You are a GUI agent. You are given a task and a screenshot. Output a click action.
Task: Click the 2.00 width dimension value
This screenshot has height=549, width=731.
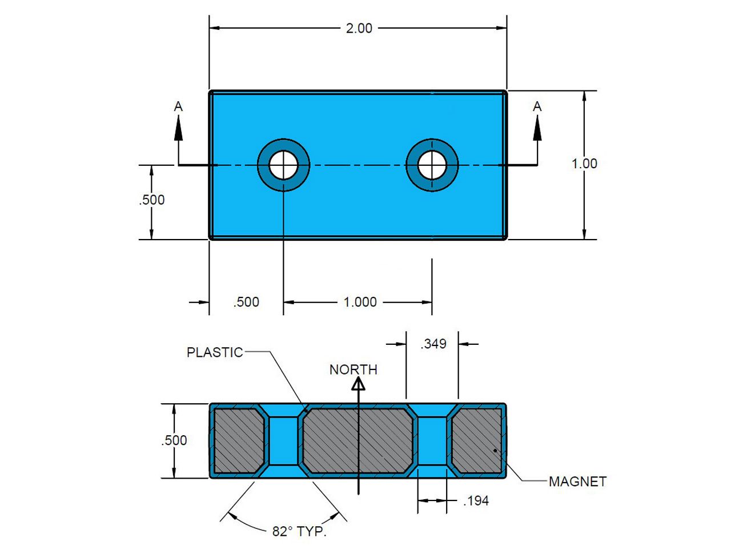click(x=359, y=28)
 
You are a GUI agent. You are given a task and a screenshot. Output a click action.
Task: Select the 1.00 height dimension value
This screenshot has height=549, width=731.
click(x=584, y=164)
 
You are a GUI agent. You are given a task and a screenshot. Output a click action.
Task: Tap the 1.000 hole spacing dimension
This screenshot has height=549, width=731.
click(x=360, y=302)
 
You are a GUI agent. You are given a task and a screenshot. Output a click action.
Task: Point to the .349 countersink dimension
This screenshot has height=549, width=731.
click(x=433, y=344)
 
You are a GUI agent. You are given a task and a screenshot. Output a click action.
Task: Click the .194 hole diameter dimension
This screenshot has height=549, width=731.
click(x=476, y=501)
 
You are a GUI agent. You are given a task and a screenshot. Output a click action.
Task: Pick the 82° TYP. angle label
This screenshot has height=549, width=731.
click(x=299, y=531)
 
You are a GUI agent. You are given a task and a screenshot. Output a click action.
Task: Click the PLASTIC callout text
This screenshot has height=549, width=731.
click(x=215, y=352)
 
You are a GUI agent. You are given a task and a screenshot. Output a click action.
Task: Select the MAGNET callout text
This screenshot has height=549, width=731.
click(x=577, y=482)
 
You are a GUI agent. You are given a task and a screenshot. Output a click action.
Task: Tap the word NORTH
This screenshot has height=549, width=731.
click(x=354, y=369)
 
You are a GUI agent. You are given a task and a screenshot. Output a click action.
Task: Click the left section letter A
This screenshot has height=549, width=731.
click(x=179, y=106)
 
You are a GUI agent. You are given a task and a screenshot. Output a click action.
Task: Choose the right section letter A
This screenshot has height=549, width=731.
click(x=537, y=106)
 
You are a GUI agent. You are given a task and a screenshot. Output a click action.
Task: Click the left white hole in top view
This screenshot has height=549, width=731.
click(x=283, y=165)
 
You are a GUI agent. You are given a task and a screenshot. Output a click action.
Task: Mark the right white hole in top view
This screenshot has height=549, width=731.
click(x=432, y=165)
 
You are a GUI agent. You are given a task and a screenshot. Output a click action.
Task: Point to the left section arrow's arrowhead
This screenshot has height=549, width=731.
click(x=179, y=128)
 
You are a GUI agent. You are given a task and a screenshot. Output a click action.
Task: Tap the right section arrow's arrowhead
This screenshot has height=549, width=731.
click(x=537, y=128)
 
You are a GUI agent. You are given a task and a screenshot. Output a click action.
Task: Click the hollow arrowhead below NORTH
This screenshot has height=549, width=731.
click(x=358, y=384)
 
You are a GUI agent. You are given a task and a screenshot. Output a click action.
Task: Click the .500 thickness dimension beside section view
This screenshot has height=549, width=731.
click(x=174, y=440)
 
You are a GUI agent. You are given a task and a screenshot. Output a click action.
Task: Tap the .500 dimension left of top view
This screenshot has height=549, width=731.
click(x=151, y=200)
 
